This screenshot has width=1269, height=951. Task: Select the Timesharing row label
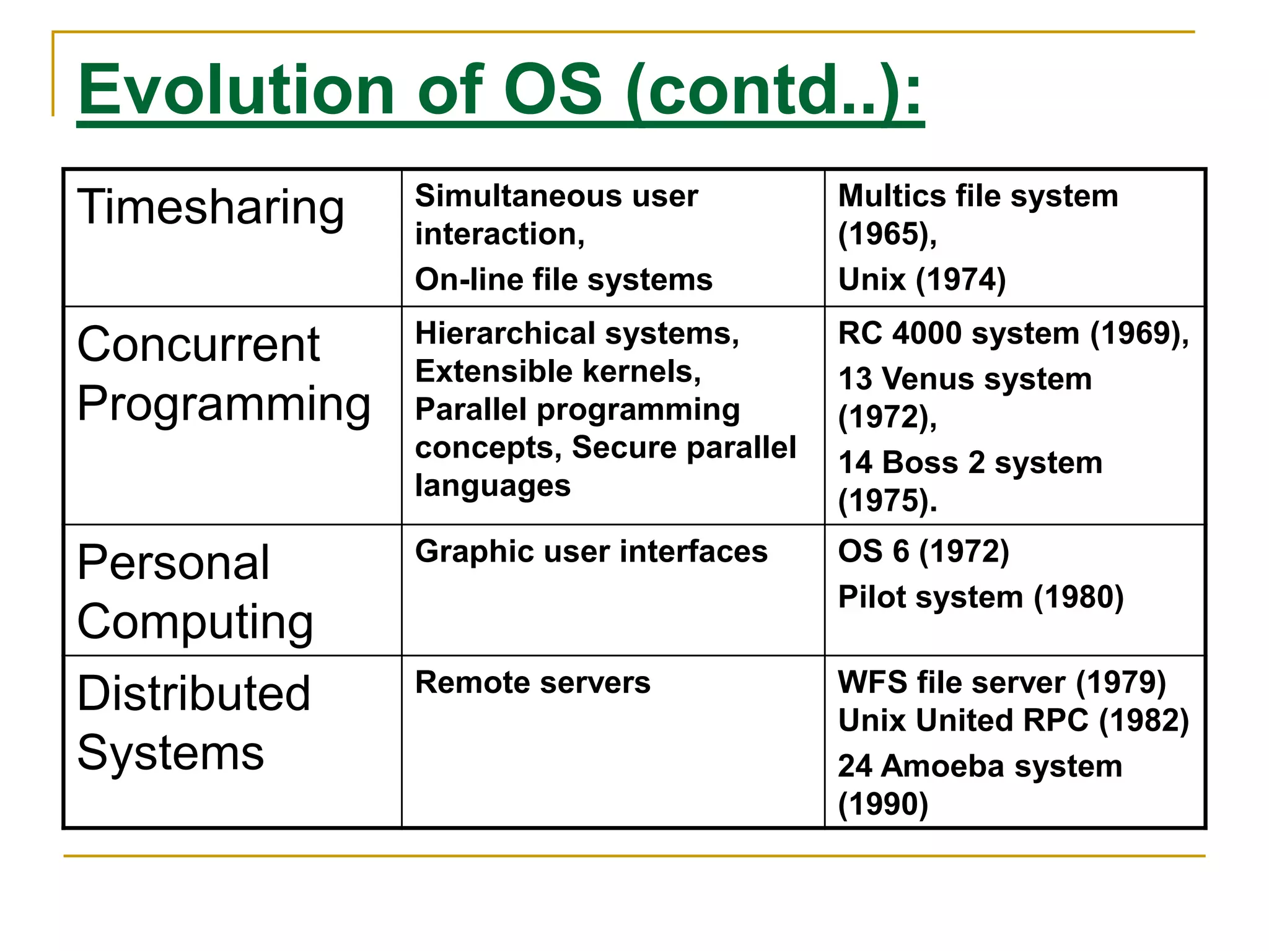coord(211,208)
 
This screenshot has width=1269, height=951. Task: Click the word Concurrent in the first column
coord(198,345)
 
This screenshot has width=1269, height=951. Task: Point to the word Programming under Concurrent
coord(224,404)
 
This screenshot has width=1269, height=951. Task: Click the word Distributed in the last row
coord(194,694)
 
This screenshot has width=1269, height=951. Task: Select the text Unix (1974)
coord(921,280)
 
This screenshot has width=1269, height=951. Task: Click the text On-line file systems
coord(563,280)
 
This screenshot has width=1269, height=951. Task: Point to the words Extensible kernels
coord(557,372)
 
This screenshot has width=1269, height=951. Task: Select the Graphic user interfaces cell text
coord(591,552)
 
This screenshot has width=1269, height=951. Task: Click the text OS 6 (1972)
coord(923,552)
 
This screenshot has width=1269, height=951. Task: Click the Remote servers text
coord(532,683)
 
